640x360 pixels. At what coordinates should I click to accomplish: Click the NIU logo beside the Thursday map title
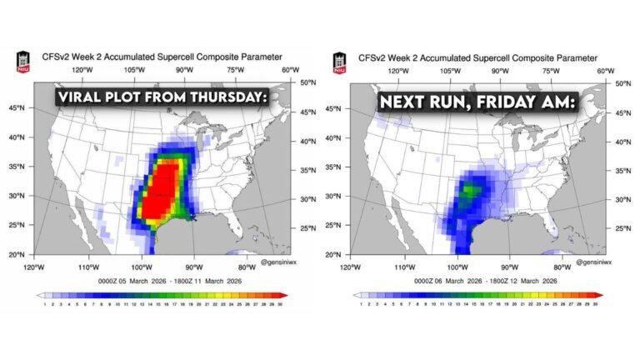23,62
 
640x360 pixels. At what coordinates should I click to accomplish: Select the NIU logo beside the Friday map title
341,62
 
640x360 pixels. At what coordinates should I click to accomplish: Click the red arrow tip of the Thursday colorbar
284,295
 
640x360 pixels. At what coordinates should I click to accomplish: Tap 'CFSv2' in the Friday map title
372,58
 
